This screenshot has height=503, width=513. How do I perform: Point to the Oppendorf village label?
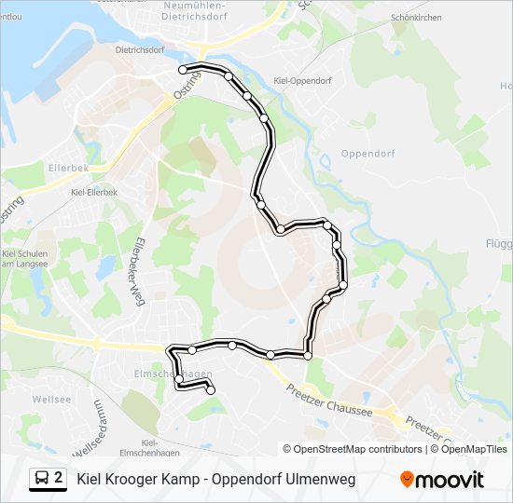[x=368, y=154]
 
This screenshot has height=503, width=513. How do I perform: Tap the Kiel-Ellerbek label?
[x=94, y=191]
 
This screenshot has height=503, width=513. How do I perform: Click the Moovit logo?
[x=442, y=480]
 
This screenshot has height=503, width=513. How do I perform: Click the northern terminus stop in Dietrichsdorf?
[x=184, y=70]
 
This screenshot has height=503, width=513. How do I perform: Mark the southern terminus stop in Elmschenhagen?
[x=210, y=391]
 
